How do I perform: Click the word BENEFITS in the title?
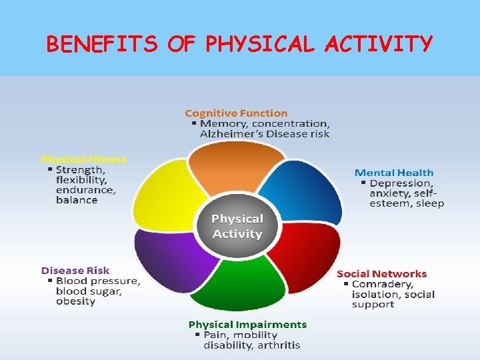[101, 44]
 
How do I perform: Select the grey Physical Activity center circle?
[237, 227]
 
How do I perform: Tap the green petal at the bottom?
[240, 283]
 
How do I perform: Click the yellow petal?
[170, 197]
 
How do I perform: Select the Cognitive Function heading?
[236, 113]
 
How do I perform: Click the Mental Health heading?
[393, 173]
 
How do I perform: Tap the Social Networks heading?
[381, 274]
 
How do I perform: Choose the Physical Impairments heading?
[247, 325]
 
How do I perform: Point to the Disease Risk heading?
[75, 271]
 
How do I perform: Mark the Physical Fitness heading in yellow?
[83, 159]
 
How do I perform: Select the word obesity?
[75, 301]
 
